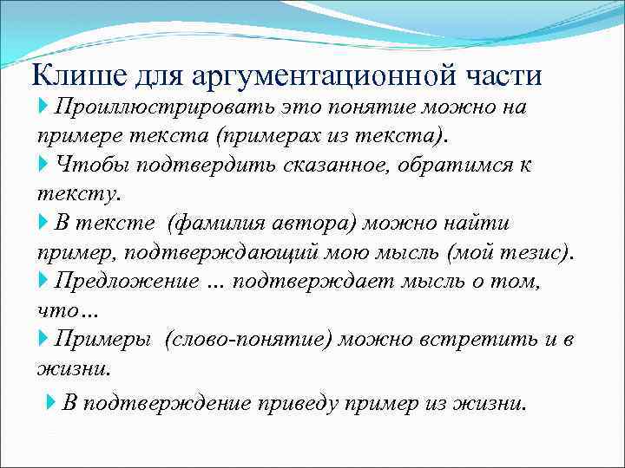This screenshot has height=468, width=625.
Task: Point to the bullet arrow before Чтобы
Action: point(44,165)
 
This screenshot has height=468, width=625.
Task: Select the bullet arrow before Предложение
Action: point(44,281)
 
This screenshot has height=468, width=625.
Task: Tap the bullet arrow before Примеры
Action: point(44,339)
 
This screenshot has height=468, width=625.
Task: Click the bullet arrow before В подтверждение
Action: point(50,403)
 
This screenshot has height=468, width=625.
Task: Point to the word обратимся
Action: point(466,165)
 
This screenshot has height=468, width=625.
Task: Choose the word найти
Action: point(482,224)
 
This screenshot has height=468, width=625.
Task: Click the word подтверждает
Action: point(310,281)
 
